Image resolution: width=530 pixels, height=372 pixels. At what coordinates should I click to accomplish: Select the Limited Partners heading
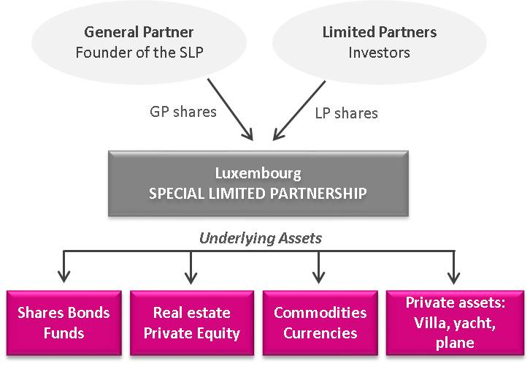(x=379, y=32)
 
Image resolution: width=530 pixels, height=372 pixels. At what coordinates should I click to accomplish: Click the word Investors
(x=379, y=52)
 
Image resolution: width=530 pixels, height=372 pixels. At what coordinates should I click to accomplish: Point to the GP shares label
(x=183, y=112)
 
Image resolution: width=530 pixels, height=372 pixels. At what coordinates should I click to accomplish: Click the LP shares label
(x=346, y=113)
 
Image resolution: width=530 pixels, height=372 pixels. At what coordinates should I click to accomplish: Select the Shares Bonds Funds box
(x=64, y=323)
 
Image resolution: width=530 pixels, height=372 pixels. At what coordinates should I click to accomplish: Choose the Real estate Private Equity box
(x=192, y=323)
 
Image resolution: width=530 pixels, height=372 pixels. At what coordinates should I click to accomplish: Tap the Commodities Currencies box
(x=320, y=323)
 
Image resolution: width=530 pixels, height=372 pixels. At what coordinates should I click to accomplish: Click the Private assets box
(x=456, y=323)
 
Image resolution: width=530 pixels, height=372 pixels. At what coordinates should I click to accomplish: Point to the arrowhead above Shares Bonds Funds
(x=64, y=277)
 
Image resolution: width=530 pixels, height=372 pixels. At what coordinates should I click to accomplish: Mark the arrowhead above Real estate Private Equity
(x=191, y=277)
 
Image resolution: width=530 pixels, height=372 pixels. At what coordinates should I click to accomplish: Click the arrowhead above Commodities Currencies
(x=318, y=277)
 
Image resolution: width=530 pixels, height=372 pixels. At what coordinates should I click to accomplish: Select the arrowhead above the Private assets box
(x=454, y=277)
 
